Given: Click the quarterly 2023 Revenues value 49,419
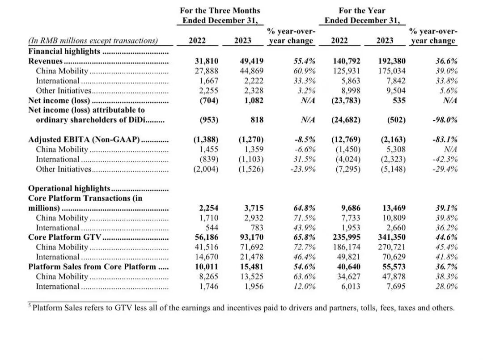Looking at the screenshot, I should pyautogui.click(x=251, y=61).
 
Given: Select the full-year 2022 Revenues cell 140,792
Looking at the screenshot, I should pyautogui.click(x=346, y=61).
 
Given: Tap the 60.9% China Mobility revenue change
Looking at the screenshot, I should pyautogui.click(x=305, y=71).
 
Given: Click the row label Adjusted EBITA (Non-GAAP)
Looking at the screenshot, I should pyautogui.click(x=84, y=140).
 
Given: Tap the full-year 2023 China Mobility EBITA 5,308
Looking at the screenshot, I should pyautogui.click(x=394, y=149).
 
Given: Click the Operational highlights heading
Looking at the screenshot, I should pyautogui.click(x=69, y=188).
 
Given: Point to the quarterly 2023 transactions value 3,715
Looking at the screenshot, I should pyautogui.click(x=254, y=208).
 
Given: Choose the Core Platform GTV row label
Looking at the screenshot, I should pyautogui.click(x=65, y=237).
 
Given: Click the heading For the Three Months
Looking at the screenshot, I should pyautogui.click(x=220, y=10).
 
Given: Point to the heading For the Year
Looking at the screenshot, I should pyautogui.click(x=362, y=10).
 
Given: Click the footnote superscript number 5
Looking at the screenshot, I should pyautogui.click(x=30, y=306).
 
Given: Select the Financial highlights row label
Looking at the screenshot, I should pyautogui.click(x=64, y=51).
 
